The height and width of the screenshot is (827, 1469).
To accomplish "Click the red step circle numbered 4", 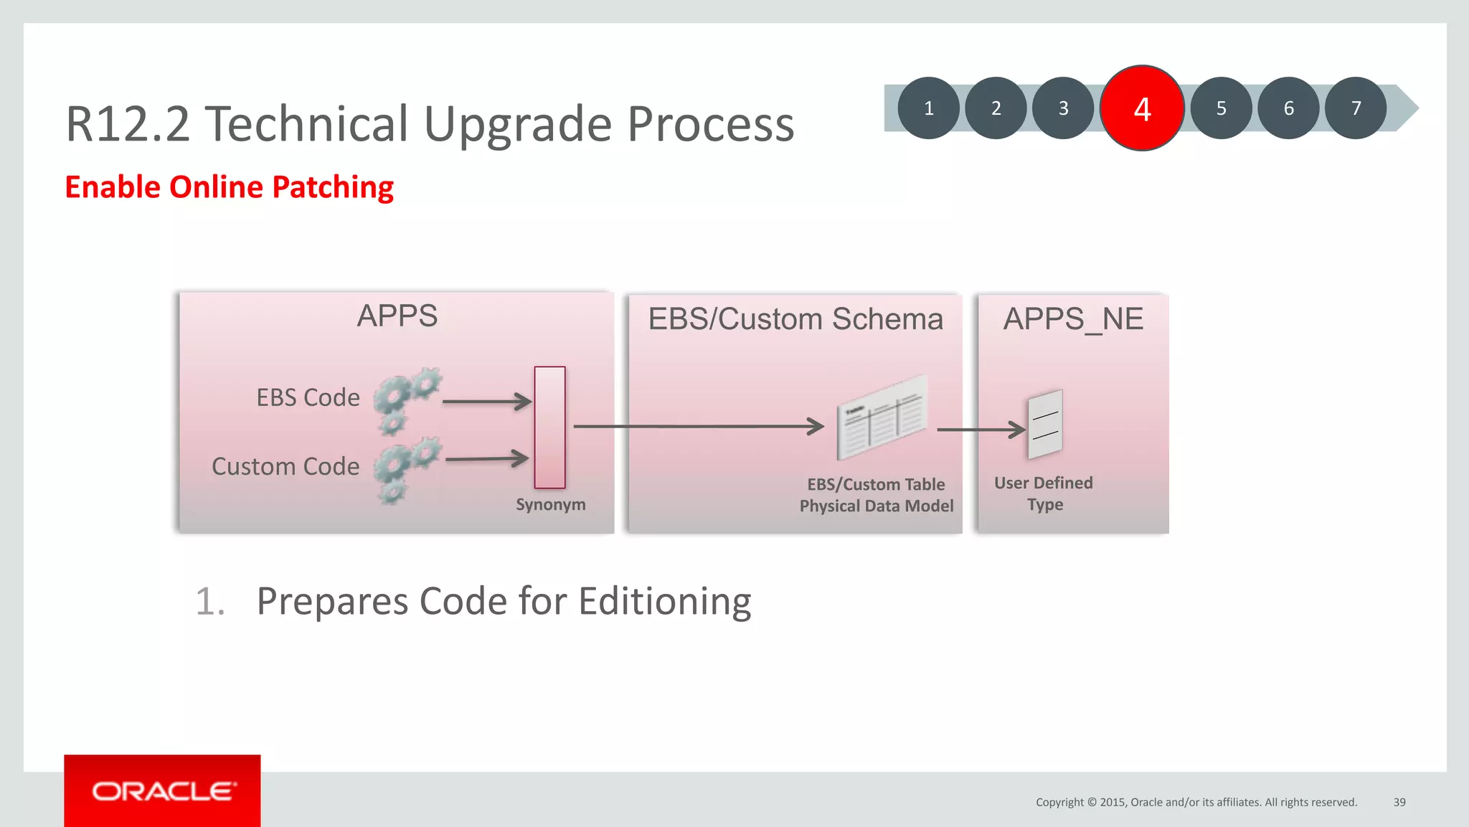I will (1142, 108).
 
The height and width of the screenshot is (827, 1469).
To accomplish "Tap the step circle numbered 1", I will (929, 108).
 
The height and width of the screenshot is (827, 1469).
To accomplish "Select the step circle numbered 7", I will (1356, 108).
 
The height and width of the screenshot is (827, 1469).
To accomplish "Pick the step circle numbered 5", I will (1221, 108).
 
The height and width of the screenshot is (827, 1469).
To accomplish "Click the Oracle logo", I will (163, 791).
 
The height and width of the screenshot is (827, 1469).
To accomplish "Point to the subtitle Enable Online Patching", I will (229, 187).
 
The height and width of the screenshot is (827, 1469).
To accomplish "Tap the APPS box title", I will (397, 316).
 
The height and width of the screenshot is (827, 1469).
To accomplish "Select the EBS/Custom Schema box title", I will (795, 319).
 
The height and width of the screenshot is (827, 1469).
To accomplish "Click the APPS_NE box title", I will (1073, 319).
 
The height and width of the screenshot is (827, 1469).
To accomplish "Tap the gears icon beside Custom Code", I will (407, 470).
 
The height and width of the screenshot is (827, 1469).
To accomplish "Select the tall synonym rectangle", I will (549, 427).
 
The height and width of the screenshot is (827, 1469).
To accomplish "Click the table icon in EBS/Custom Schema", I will (882, 417).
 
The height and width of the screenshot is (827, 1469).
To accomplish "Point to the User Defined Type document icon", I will (1045, 424).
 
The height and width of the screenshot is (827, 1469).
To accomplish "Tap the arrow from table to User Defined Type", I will (981, 430).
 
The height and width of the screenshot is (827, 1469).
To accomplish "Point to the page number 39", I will (1399, 802).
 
